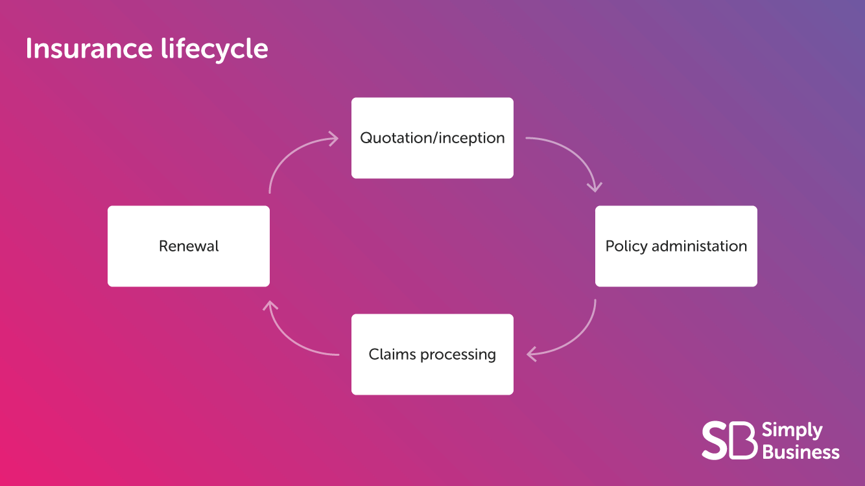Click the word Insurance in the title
[89, 49]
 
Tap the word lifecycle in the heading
[215, 49]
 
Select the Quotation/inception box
[432, 138]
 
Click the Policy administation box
[676, 246]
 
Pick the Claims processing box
[432, 354]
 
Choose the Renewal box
[189, 246]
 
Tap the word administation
[700, 246]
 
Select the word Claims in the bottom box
[392, 354]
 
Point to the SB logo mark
[729, 441]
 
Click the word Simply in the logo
[792, 431]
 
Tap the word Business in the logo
[801, 452]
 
